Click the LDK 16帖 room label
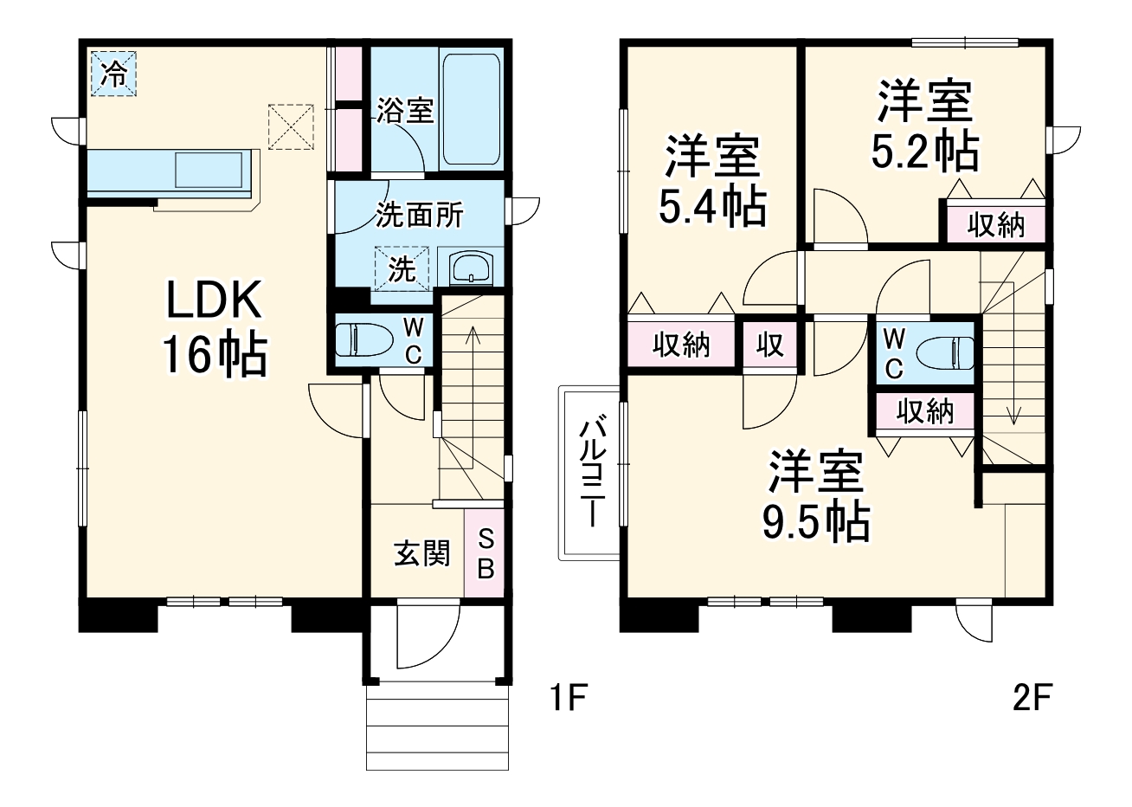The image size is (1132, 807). click(213, 328)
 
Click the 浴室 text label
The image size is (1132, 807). click(404, 111)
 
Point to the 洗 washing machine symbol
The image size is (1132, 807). click(401, 268)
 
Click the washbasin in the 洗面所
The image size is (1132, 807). click(470, 268)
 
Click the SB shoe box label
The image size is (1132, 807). click(486, 554)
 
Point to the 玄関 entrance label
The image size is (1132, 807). click(422, 553)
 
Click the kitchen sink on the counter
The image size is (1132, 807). click(209, 169)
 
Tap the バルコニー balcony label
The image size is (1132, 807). click(591, 472)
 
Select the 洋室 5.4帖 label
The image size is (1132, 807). click(711, 181)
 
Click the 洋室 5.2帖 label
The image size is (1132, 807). click(925, 126)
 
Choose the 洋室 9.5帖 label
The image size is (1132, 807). click(815, 496)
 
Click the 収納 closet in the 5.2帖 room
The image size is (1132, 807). click(995, 225)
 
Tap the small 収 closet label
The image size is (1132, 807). click(769, 345)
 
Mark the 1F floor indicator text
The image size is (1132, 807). click(569, 697)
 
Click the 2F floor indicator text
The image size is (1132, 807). click(1032, 697)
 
